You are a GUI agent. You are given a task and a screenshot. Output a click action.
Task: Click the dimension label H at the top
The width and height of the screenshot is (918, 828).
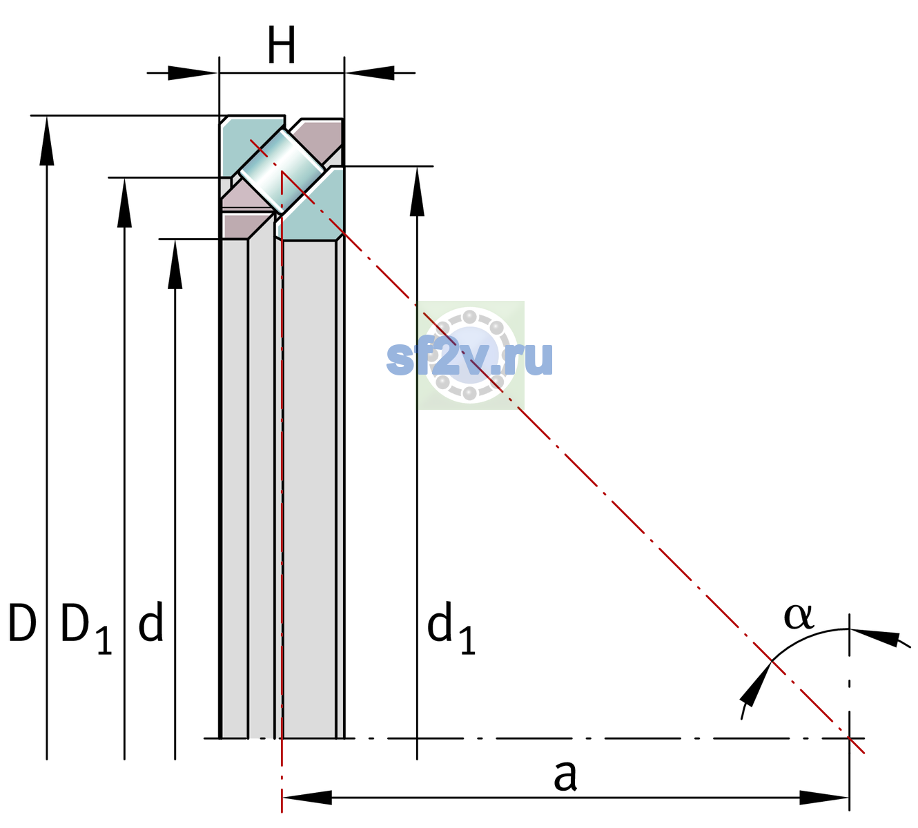[x=282, y=45]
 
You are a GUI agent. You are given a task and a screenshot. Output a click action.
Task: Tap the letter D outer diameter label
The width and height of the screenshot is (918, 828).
[x=22, y=622]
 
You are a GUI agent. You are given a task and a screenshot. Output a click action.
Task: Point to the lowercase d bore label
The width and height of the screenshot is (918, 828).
[x=151, y=622]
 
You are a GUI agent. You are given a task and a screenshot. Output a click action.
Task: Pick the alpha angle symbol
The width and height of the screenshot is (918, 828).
[x=799, y=617]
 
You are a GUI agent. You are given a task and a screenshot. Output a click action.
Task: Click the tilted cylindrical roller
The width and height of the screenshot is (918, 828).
[x=282, y=171]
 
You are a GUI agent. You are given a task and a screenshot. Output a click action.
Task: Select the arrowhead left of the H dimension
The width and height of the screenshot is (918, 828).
[x=192, y=72]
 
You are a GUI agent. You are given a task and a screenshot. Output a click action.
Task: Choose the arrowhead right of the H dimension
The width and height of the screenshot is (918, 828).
[x=370, y=72]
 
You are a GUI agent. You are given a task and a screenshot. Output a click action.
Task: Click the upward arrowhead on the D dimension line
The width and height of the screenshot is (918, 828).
[x=47, y=140]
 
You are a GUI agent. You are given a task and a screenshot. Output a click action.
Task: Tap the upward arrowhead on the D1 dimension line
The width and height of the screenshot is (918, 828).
[x=124, y=202]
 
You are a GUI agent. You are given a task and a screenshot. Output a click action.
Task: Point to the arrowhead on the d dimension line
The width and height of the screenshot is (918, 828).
[x=175, y=264]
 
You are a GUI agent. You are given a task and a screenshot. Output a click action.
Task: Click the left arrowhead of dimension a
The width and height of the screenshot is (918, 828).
[x=306, y=798]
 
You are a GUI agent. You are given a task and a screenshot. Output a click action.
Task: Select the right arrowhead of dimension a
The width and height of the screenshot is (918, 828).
[x=824, y=798]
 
